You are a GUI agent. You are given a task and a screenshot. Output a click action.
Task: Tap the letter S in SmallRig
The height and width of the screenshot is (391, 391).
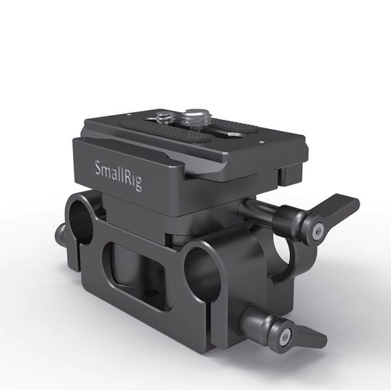coord(100,167)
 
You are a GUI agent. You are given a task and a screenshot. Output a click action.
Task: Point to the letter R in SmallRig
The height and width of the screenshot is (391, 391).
coord(129,179)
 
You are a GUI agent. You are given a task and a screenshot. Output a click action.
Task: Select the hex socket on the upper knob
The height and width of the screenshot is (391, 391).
coord(317,231)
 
